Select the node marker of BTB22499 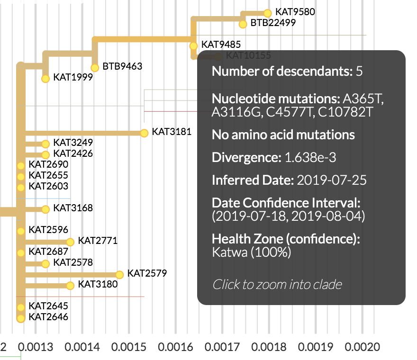[243, 24]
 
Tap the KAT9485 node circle [193, 46]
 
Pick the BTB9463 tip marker [95, 68]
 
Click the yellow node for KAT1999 [45, 78]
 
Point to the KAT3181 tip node [144, 133]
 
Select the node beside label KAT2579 [119, 274]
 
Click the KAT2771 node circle [70, 242]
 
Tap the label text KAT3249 [73, 142]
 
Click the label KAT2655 [48, 175]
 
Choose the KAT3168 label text [73, 208]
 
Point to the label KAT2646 [48, 317]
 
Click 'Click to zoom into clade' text [277, 284]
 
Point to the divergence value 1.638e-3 [310, 158]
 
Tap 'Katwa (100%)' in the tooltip [251, 252]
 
